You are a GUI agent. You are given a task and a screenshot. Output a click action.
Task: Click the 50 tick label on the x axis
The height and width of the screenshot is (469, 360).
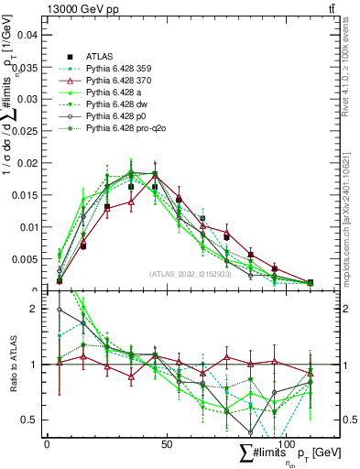click(166, 443)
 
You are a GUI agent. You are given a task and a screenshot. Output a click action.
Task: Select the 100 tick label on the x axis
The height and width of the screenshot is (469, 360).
click(288, 443)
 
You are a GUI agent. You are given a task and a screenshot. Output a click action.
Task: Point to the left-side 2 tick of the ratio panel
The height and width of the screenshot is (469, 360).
click(36, 309)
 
